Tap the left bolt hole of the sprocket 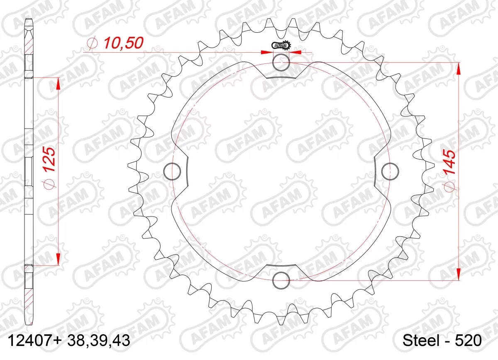[x=173, y=171]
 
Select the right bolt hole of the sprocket [x=389, y=171]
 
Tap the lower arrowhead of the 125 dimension [x=58, y=259]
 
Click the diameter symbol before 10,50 [x=92, y=43]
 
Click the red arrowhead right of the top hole [x=295, y=53]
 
